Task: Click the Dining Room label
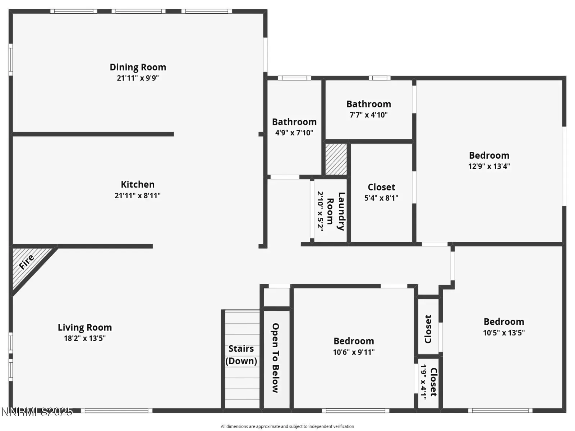pyautogui.click(x=138, y=67)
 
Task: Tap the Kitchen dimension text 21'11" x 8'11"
pyautogui.click(x=138, y=195)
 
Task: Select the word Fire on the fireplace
pyautogui.click(x=27, y=262)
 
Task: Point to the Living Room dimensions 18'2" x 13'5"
pyautogui.click(x=85, y=338)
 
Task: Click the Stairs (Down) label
pyautogui.click(x=241, y=355)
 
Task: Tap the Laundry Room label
pyautogui.click(x=336, y=212)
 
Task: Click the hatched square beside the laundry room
pyautogui.click(x=336, y=159)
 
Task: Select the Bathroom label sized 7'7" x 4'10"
pyautogui.click(x=369, y=104)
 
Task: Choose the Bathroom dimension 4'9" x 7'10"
pyautogui.click(x=294, y=133)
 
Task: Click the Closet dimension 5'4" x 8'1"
pyautogui.click(x=381, y=198)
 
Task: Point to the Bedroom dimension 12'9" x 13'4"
pyautogui.click(x=489, y=166)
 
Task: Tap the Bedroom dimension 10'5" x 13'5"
pyautogui.click(x=504, y=333)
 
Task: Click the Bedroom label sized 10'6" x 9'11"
pyautogui.click(x=354, y=341)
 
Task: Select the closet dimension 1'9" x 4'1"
pyautogui.click(x=423, y=382)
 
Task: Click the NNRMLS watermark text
pyautogui.click(x=37, y=412)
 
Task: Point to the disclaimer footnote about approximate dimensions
pyautogui.click(x=287, y=426)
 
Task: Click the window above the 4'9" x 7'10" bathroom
pyautogui.click(x=294, y=78)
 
